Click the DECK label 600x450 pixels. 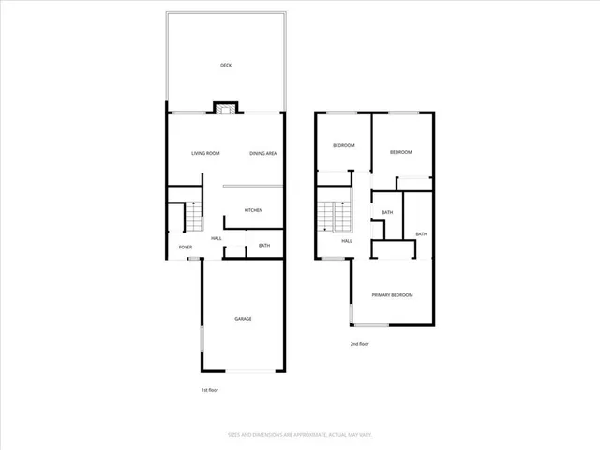tap(226, 65)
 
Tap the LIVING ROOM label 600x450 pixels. tap(206, 153)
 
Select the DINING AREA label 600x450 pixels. tap(262, 153)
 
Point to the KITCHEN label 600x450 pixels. tap(253, 210)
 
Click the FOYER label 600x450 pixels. tap(186, 247)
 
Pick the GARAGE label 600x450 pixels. tap(243, 319)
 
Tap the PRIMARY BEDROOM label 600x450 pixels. tap(392, 295)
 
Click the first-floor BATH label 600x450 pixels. tap(264, 246)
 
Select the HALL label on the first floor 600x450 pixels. tap(217, 238)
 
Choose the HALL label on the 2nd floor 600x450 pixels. tap(346, 241)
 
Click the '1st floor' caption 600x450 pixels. tap(211, 389)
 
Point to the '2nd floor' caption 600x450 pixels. tap(359, 344)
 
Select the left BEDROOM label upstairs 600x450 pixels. tap(344, 146)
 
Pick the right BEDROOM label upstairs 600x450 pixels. tap(401, 152)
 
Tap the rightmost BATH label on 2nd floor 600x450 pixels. tap(421, 234)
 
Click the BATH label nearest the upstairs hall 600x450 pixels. tap(387, 213)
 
